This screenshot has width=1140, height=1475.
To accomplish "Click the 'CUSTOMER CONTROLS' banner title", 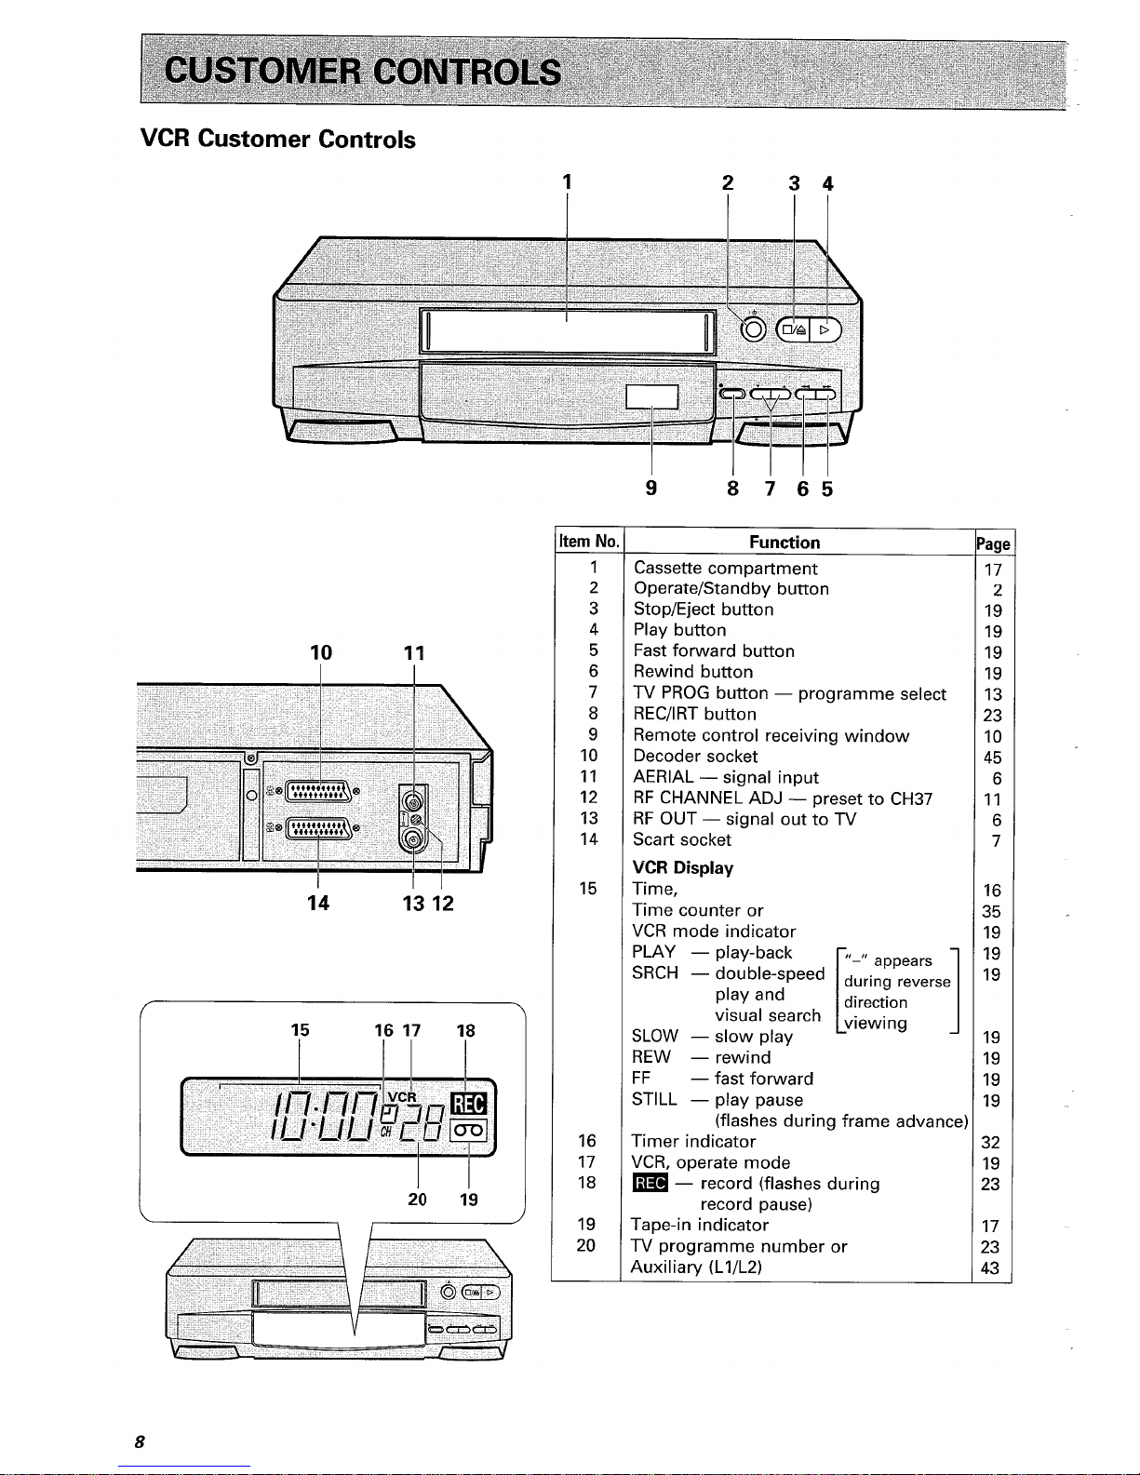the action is click(x=363, y=72).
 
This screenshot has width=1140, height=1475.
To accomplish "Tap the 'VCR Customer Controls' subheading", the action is click(x=278, y=139).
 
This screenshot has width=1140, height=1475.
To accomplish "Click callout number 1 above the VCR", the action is click(x=568, y=181).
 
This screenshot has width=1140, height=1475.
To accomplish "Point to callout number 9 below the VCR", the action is click(x=651, y=488).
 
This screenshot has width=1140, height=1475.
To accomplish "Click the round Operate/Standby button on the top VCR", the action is click(x=753, y=329).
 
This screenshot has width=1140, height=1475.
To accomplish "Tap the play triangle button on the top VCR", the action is click(x=825, y=329).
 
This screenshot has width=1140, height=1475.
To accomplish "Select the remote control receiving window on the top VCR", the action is click(x=652, y=397).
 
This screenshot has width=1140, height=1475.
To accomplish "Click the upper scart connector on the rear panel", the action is click(x=319, y=791).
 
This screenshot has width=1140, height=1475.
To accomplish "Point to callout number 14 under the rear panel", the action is click(x=318, y=903).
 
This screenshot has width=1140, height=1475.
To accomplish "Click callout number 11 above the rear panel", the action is click(x=415, y=653).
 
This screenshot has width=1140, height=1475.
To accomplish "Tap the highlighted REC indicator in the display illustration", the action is click(x=468, y=1104).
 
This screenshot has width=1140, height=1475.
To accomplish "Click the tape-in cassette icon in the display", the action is click(x=468, y=1131).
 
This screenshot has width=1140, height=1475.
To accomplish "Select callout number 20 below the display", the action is click(x=417, y=1200).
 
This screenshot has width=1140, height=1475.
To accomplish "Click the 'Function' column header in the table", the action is click(x=785, y=543).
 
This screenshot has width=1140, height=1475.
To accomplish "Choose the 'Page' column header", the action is click(x=994, y=543).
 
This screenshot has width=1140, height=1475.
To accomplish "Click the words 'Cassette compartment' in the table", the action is click(x=725, y=569).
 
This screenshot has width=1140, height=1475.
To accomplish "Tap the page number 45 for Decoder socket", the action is click(x=993, y=758).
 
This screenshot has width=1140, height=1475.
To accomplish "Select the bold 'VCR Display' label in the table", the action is click(x=683, y=868).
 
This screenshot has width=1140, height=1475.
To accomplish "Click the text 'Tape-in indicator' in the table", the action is click(x=700, y=1226).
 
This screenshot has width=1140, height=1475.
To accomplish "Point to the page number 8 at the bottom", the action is click(x=140, y=1441).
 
